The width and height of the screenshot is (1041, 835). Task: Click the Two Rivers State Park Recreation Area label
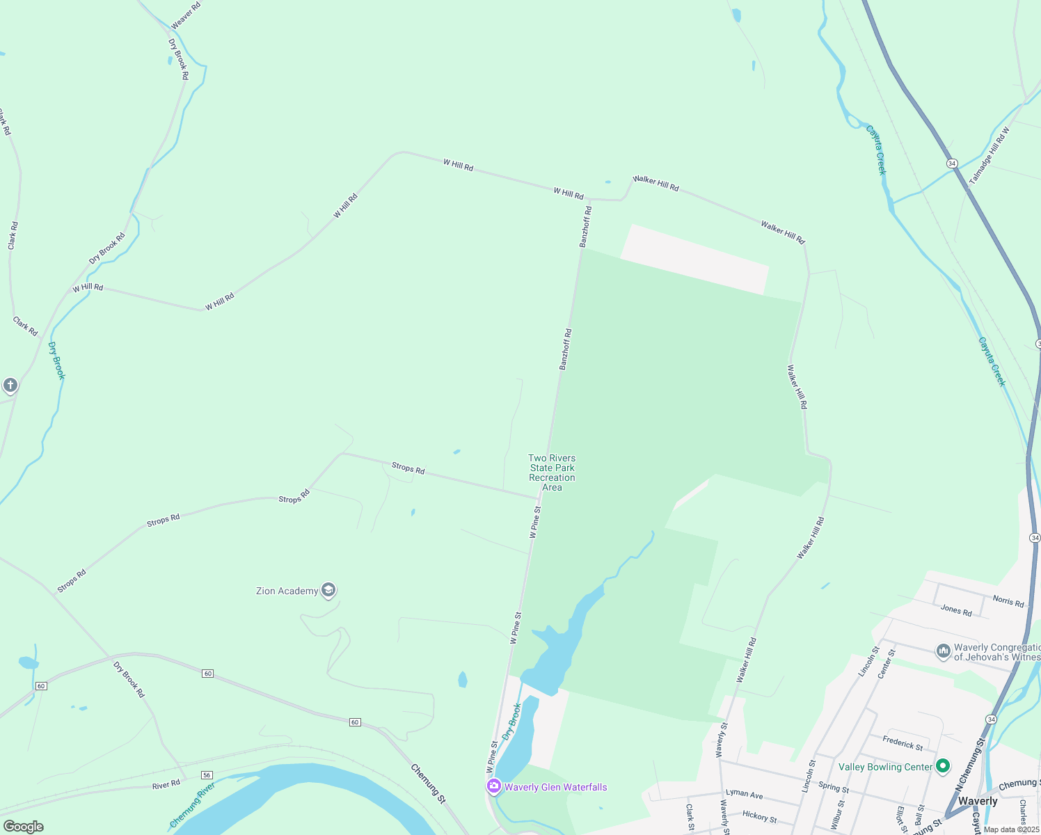point(552,472)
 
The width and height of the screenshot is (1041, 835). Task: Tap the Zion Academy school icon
point(328,591)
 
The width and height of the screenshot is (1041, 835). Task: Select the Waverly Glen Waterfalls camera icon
point(494,786)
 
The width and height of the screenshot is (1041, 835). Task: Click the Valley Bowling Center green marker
point(943,766)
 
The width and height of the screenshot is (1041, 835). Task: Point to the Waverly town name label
point(977,801)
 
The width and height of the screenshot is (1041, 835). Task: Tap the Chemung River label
point(192,804)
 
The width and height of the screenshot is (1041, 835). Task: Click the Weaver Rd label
point(186,15)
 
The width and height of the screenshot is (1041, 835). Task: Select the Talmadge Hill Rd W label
point(989,154)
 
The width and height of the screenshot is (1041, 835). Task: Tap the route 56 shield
point(207,775)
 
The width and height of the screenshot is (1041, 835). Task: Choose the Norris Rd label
point(1008,601)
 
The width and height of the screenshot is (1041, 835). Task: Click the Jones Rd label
point(956,610)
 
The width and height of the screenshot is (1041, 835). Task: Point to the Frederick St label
point(903,743)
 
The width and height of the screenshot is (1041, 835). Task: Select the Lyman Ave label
point(744,793)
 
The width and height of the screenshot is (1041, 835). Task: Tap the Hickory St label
point(759,816)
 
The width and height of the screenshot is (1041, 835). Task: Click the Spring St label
point(834,788)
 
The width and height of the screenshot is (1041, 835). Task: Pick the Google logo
point(24,827)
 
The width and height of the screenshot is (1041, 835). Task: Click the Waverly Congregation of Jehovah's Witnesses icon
point(944,651)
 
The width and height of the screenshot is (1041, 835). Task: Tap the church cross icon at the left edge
point(10,385)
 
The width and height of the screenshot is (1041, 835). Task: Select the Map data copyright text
point(1011,829)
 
